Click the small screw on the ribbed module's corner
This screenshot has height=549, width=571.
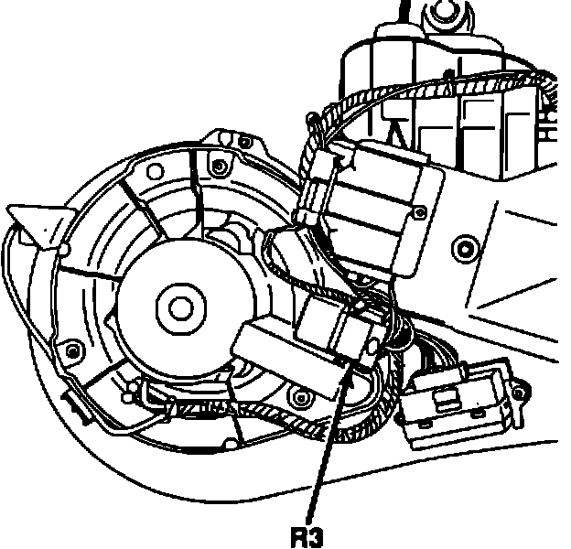(x=419, y=212)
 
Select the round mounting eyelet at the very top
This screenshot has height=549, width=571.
(x=447, y=12)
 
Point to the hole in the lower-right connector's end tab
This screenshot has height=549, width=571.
(x=519, y=394)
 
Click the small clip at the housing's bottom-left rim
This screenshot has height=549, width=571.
(x=71, y=399)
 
